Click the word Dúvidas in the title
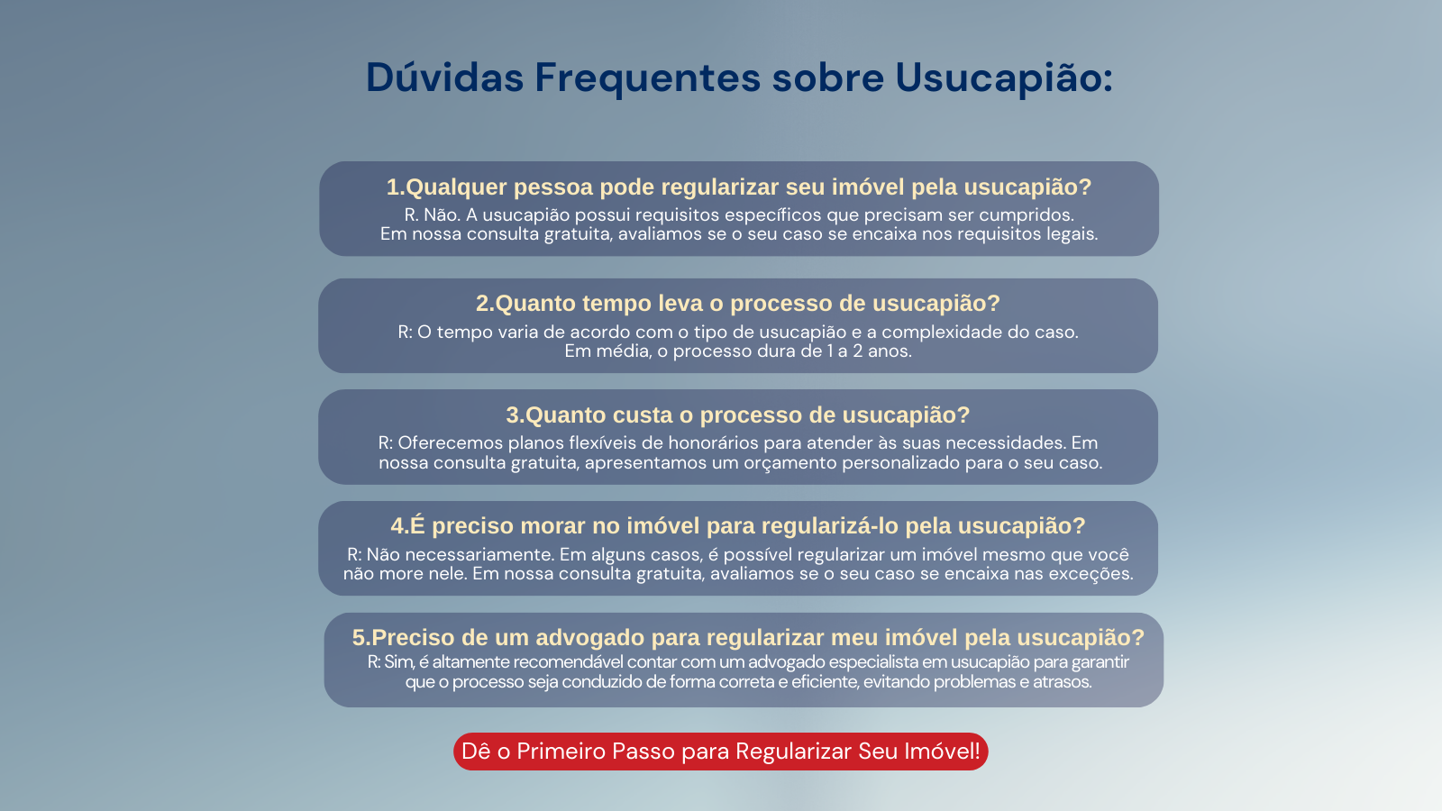point(445,77)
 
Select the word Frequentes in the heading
point(648,78)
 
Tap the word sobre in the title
point(828,77)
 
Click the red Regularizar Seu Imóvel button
point(721,752)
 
